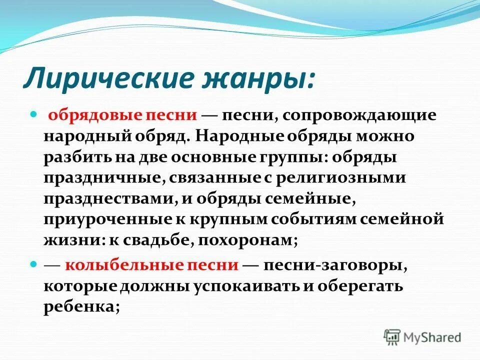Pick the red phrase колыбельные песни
coord(151,264)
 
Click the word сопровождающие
coord(359,115)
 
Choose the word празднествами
coord(107,198)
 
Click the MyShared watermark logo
coord(422,337)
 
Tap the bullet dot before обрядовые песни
coord(34,114)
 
